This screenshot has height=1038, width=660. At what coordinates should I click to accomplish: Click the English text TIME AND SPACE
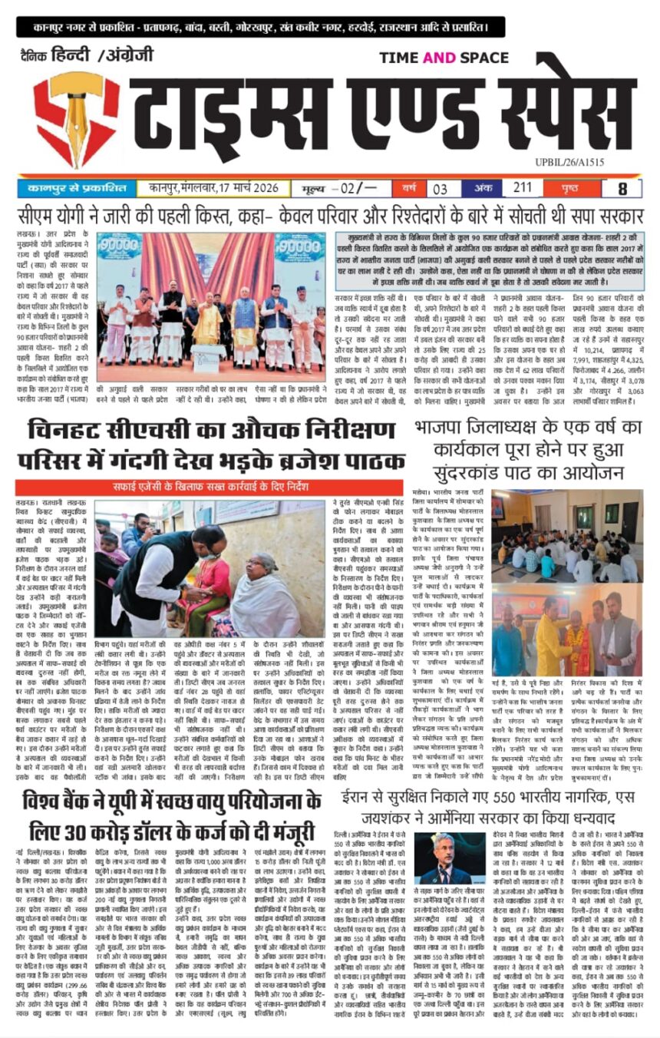tap(444, 58)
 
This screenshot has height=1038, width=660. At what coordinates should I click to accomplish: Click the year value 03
tap(441, 188)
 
